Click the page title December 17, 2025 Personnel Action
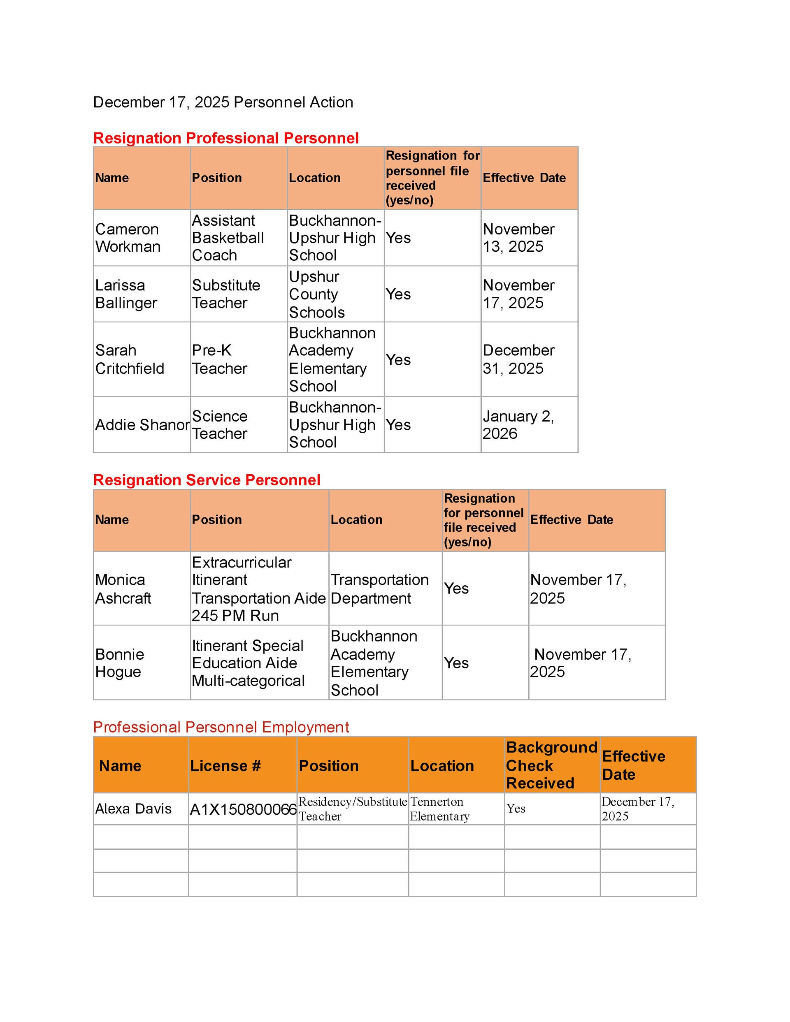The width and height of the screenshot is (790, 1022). tap(223, 102)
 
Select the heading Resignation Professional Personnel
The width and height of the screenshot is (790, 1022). tap(226, 138)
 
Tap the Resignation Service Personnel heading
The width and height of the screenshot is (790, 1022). tap(207, 480)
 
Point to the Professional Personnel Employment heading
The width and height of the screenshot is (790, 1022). tap(221, 727)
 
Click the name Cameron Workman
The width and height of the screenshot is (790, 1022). tap(128, 238)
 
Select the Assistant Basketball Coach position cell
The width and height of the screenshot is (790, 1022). tap(228, 238)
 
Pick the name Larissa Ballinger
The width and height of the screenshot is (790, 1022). tap(126, 294)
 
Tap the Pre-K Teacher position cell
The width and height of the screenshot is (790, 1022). tap(219, 359)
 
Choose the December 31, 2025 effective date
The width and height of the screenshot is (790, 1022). tap(518, 359)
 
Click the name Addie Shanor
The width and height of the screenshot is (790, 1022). tap(142, 425)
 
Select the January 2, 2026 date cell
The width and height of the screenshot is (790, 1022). tap(518, 425)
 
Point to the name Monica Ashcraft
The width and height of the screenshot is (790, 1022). tap(123, 589)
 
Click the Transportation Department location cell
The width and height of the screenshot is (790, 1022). tap(379, 589)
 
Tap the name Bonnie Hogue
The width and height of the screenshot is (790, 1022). tap(119, 663)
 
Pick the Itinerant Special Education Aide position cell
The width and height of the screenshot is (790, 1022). tap(248, 663)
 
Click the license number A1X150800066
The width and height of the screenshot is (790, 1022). tap(243, 809)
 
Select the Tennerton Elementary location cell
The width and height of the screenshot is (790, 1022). tap(439, 809)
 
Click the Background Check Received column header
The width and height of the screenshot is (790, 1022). tap(551, 765)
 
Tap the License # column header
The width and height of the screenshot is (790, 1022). tap(225, 765)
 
